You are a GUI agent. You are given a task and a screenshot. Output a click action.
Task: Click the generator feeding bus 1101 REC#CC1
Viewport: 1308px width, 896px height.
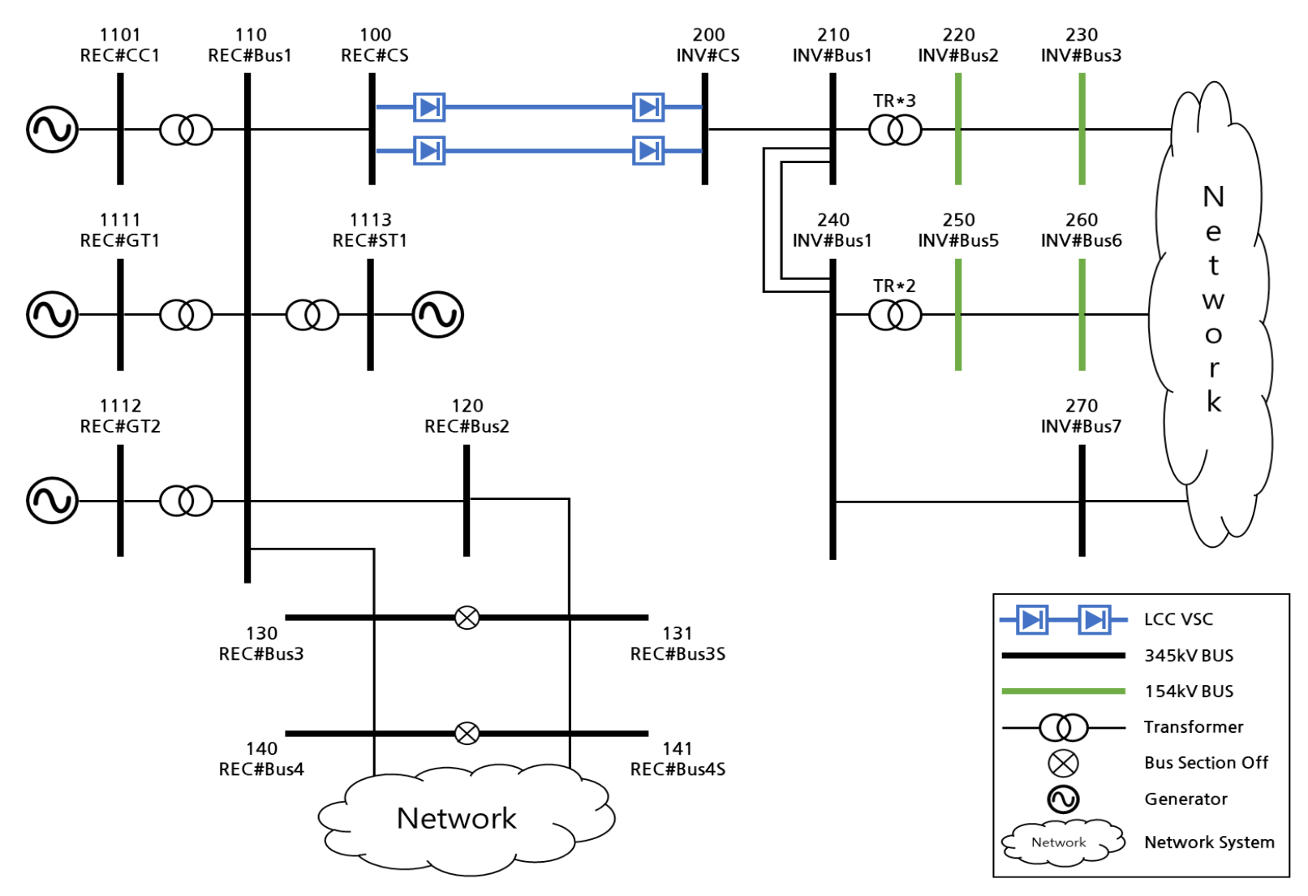click(52, 130)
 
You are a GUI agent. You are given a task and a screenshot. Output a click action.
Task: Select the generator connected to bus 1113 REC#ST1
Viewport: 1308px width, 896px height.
click(437, 315)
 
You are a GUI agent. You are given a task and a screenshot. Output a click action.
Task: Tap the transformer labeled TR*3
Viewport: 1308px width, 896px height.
click(895, 130)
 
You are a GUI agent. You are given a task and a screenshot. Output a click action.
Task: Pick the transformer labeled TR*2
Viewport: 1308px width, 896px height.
click(895, 315)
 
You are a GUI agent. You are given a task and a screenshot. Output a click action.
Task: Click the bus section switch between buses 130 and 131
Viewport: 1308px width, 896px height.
click(467, 618)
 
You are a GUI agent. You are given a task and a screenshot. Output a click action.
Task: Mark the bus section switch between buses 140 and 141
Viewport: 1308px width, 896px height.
click(467, 734)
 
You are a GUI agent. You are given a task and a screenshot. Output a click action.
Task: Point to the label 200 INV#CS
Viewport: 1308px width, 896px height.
click(708, 45)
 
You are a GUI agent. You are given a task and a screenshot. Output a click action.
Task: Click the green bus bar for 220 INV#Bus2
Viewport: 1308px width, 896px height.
click(958, 130)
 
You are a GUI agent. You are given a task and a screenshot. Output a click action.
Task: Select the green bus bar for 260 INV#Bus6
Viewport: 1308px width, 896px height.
click(1082, 315)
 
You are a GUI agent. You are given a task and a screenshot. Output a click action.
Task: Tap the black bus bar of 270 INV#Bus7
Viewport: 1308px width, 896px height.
click(1082, 501)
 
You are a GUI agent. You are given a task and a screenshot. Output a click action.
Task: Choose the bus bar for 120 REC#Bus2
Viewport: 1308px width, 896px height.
click(467, 501)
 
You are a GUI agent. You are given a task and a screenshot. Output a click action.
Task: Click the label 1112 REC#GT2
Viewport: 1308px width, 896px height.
click(120, 416)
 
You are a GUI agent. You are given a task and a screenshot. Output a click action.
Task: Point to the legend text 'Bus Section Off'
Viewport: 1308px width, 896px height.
click(1206, 763)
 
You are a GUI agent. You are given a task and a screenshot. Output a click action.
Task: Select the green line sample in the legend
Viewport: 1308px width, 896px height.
click(1063, 691)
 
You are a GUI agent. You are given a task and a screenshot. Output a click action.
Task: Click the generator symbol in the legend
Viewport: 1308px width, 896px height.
click(1063, 799)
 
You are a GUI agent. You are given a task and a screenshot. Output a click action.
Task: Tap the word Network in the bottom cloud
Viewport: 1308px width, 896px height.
click(456, 818)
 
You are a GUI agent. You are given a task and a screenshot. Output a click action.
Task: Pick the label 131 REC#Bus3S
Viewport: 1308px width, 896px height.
click(678, 644)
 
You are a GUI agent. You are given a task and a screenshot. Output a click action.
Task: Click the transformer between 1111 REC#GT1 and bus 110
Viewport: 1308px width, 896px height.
click(186, 315)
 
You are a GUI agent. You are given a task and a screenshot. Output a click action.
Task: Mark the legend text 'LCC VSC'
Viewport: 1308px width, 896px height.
click(1178, 620)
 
